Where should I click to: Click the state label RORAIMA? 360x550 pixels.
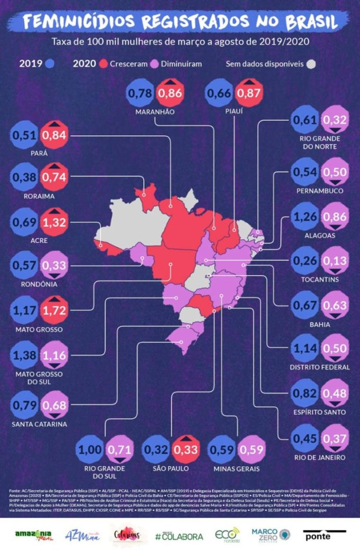39,197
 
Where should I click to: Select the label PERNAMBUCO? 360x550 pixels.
319,191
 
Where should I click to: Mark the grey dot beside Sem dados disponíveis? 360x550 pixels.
311,64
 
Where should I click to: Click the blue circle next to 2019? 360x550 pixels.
50,64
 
